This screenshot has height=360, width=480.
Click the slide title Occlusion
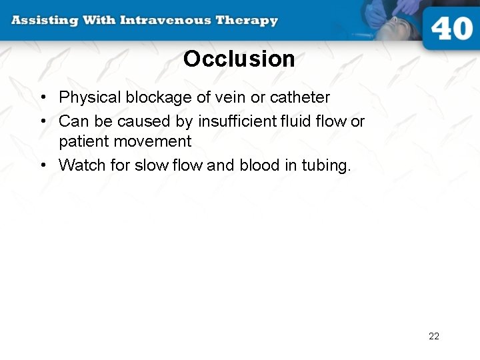point(239,59)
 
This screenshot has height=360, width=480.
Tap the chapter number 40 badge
point(451,29)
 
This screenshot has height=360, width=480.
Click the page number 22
point(434,336)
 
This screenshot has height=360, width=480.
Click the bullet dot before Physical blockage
point(42,98)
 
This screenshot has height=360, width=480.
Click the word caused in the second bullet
point(136,121)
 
